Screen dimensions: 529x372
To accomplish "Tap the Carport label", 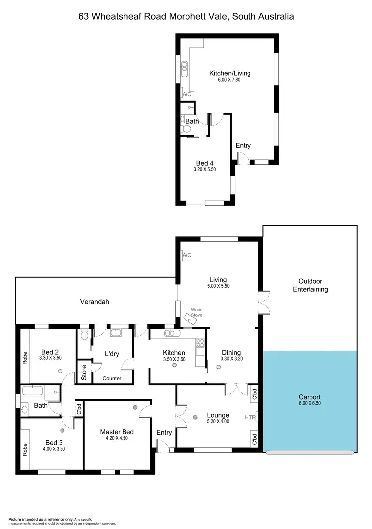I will pos(310,397).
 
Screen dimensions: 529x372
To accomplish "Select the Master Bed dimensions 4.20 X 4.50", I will pos(117,438).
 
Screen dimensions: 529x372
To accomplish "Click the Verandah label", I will pos(94,301).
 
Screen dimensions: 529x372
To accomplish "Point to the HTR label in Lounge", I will pos(250,417).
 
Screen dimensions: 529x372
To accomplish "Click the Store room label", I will pos(83,373).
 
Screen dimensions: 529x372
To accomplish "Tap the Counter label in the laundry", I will pos(112,378).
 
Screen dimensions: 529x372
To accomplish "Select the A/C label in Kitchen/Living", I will pos(187,94).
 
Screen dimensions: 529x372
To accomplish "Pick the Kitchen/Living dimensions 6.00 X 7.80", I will pos(230,80).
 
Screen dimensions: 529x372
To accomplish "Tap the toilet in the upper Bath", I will pos(186,129).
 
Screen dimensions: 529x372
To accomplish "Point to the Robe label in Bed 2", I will pos(25,357).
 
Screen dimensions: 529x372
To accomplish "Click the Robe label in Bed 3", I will pos(25,449).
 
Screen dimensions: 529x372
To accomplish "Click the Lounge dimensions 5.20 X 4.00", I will pos(218,422).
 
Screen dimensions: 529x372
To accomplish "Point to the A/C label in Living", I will pos(187,255).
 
